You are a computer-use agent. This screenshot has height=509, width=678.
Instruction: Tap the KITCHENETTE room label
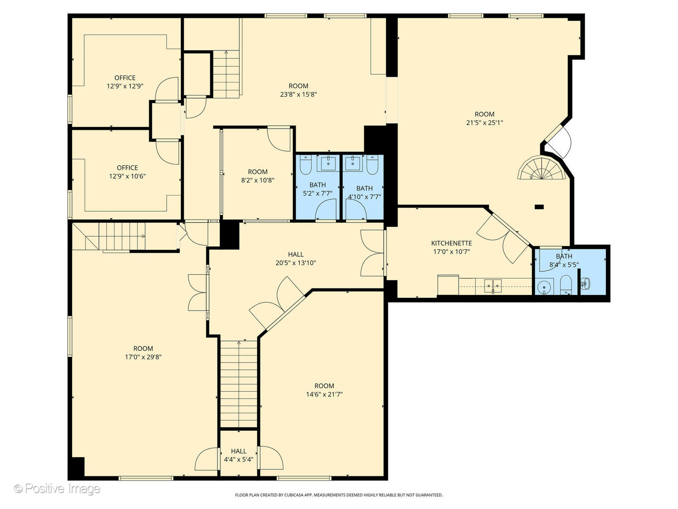tap(452, 243)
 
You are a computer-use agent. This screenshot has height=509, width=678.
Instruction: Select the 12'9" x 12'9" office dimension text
tap(125, 86)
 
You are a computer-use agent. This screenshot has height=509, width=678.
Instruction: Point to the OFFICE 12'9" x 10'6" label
tap(127, 172)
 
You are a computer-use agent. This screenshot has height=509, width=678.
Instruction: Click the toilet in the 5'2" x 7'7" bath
tap(305, 164)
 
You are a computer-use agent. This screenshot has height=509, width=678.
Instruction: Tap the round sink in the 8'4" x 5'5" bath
tap(544, 286)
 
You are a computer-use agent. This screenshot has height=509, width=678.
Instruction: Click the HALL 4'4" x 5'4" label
tap(239, 455)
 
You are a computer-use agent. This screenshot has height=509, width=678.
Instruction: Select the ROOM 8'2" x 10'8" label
tap(258, 176)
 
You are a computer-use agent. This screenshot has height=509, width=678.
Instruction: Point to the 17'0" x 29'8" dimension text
tap(143, 357)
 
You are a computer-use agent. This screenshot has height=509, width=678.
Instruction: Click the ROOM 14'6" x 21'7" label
tap(324, 390)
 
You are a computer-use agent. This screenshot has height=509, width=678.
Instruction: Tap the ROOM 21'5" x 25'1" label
tap(484, 118)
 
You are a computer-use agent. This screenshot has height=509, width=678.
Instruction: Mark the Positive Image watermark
tap(57, 488)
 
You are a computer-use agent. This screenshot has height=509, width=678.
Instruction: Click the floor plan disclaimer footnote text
tap(339, 495)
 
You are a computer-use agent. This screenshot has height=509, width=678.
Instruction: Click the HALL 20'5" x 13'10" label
tap(296, 259)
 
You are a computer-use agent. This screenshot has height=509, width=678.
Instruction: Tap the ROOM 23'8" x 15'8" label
tap(298, 90)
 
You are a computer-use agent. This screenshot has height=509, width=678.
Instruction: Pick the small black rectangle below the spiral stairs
tap(539, 206)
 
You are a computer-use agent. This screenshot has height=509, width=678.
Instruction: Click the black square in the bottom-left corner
tap(77, 468)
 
